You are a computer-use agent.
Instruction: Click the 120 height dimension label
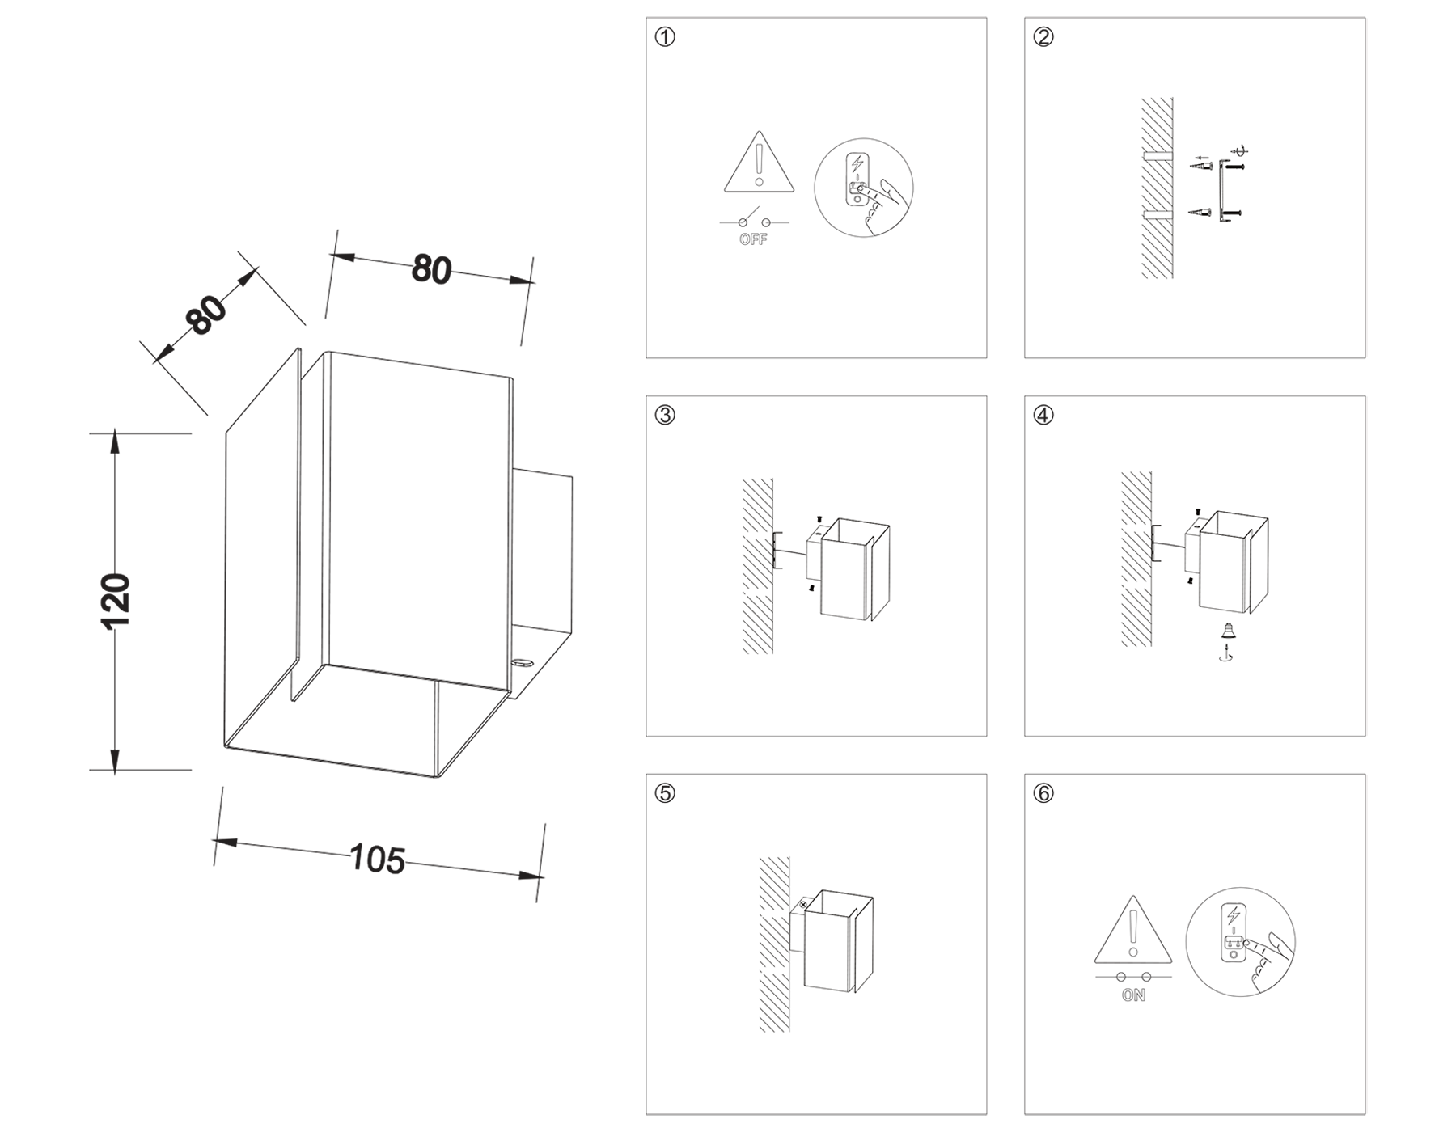tap(116, 602)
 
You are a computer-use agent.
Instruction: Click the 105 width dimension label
tap(377, 859)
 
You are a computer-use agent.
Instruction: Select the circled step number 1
tap(665, 37)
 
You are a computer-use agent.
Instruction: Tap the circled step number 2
tap(1043, 37)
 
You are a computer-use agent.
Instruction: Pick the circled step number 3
tap(665, 416)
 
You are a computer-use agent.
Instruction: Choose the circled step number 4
tap(1043, 416)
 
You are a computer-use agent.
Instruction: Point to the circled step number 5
tap(665, 794)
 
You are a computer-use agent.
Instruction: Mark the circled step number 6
tap(1043, 794)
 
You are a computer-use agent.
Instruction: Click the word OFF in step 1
tap(753, 240)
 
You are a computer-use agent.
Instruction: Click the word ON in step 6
tap(1133, 996)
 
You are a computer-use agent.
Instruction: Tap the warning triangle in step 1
tap(759, 166)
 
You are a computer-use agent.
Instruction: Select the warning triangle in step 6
tap(1133, 933)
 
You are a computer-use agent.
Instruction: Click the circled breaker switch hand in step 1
tap(864, 188)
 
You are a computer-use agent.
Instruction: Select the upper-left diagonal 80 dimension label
tap(207, 315)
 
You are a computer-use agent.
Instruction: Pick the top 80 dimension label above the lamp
tap(430, 269)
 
